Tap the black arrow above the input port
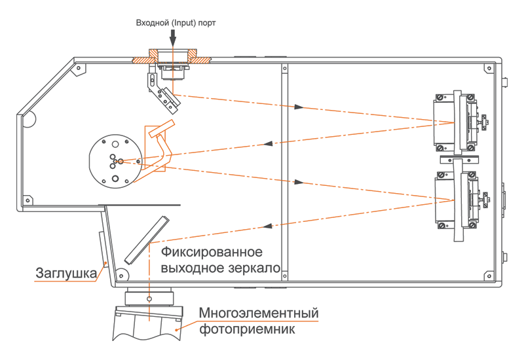[x=172, y=38]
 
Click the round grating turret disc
[x=115, y=161]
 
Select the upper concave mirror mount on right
[x=458, y=122]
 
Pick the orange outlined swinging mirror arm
[x=160, y=147]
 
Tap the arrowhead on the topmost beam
[x=299, y=106]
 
